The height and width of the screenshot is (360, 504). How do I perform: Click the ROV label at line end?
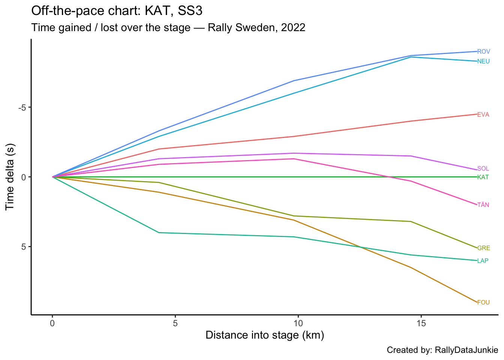[x=483, y=52]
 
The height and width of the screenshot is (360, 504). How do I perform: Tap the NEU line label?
[x=483, y=61]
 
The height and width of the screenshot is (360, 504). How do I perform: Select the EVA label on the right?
[x=483, y=115]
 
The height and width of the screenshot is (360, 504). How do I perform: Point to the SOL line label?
[x=483, y=169]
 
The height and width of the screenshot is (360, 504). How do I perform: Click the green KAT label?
[x=483, y=177]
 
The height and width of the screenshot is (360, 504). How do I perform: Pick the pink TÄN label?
[x=483, y=205]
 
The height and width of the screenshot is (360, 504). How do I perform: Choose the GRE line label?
[x=483, y=248]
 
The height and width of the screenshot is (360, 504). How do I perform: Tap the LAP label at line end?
[x=483, y=261]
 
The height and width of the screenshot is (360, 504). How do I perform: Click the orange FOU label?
[x=483, y=303]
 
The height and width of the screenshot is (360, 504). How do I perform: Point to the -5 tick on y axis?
[x=22, y=108]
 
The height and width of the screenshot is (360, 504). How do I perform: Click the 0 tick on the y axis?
[x=23, y=177]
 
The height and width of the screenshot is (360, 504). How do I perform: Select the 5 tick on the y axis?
[x=23, y=247]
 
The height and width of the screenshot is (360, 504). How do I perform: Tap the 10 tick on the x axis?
[x=298, y=323]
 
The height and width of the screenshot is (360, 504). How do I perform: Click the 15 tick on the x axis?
[x=421, y=323]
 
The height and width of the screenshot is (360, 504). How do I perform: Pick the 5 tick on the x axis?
[x=175, y=323]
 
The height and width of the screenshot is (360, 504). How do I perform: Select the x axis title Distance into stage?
[x=265, y=335]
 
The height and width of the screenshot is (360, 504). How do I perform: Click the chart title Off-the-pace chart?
[x=117, y=11]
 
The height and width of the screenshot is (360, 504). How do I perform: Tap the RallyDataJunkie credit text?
[x=442, y=350]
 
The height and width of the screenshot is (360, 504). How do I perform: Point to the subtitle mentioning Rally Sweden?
[x=168, y=27]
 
